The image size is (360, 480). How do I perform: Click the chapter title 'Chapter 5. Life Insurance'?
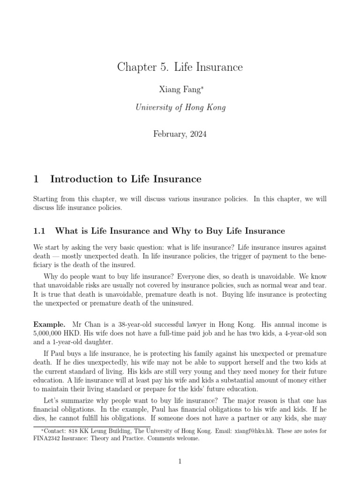point(180,67)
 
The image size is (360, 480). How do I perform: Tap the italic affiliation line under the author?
point(180,107)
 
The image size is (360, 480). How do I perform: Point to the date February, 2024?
point(180,134)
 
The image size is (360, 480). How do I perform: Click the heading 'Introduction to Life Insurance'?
point(126,179)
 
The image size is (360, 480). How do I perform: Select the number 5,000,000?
point(50,333)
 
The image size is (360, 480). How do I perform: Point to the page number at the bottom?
point(180,462)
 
